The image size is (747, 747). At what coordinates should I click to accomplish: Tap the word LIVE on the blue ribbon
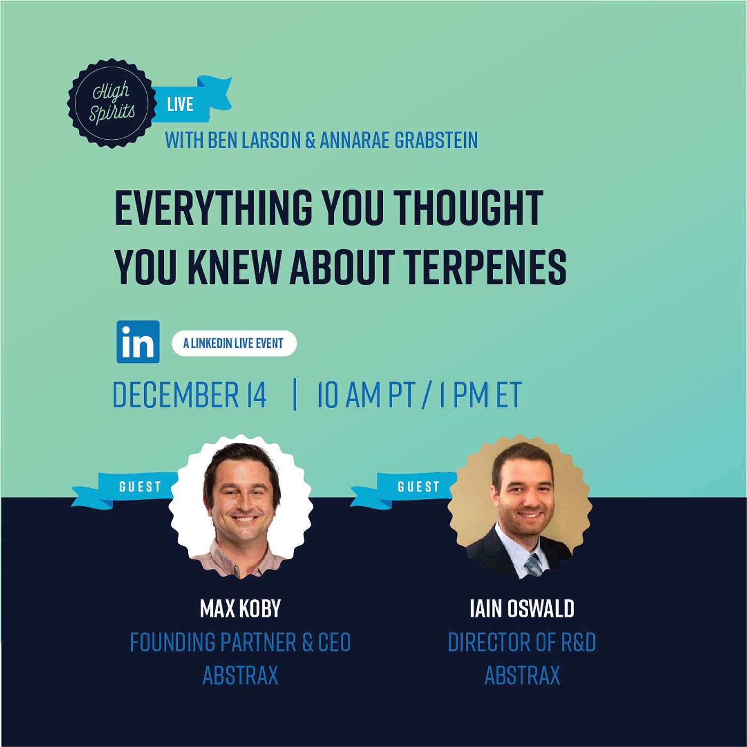tap(180, 104)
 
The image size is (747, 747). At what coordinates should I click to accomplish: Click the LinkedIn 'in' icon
tap(138, 342)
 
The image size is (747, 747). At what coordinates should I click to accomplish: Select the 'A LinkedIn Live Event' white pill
tap(234, 344)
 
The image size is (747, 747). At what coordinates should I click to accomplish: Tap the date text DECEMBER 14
tap(189, 395)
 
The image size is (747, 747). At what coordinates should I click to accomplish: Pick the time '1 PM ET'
tap(480, 395)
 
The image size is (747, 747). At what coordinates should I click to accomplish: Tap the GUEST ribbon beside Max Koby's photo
tap(140, 487)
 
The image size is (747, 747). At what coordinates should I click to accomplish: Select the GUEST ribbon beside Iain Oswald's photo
tap(418, 487)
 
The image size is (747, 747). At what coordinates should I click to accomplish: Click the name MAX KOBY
tap(240, 609)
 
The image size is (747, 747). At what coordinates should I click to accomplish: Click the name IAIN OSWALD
tap(522, 609)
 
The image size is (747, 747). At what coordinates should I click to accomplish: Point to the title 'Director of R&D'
tap(521, 642)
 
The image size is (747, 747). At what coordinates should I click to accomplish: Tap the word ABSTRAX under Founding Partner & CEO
tap(240, 676)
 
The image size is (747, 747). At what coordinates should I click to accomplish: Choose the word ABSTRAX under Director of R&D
tap(522, 676)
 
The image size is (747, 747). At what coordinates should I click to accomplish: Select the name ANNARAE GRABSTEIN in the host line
tap(399, 140)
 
